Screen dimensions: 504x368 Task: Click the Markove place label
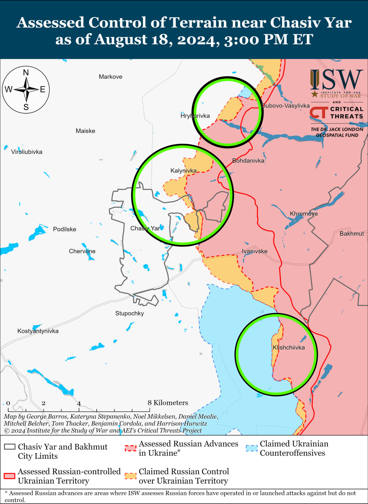[110, 77]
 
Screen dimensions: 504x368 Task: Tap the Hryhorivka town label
[195, 116]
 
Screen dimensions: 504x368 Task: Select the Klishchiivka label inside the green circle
[288, 348]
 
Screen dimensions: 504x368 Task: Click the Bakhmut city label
[351, 233]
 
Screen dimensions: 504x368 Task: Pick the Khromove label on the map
[303, 214]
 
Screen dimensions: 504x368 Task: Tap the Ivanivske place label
[255, 251]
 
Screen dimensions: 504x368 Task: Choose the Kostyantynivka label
[38, 331]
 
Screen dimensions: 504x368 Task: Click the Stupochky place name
[129, 313]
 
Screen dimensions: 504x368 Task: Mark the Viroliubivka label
[26, 152]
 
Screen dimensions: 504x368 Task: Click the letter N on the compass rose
[26, 72]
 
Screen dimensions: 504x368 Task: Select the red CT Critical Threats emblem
[317, 113]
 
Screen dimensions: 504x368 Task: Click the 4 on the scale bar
[79, 403]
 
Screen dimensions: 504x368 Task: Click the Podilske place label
[65, 229]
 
